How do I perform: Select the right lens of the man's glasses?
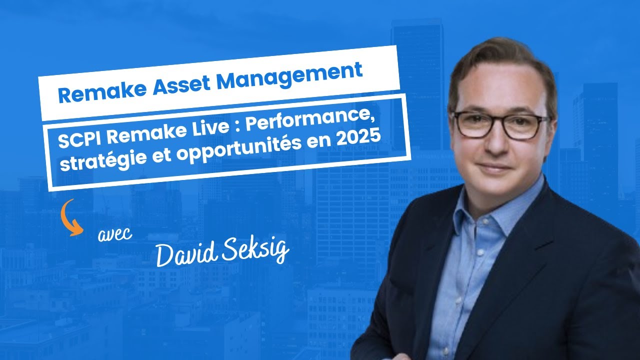(x=526, y=127)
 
